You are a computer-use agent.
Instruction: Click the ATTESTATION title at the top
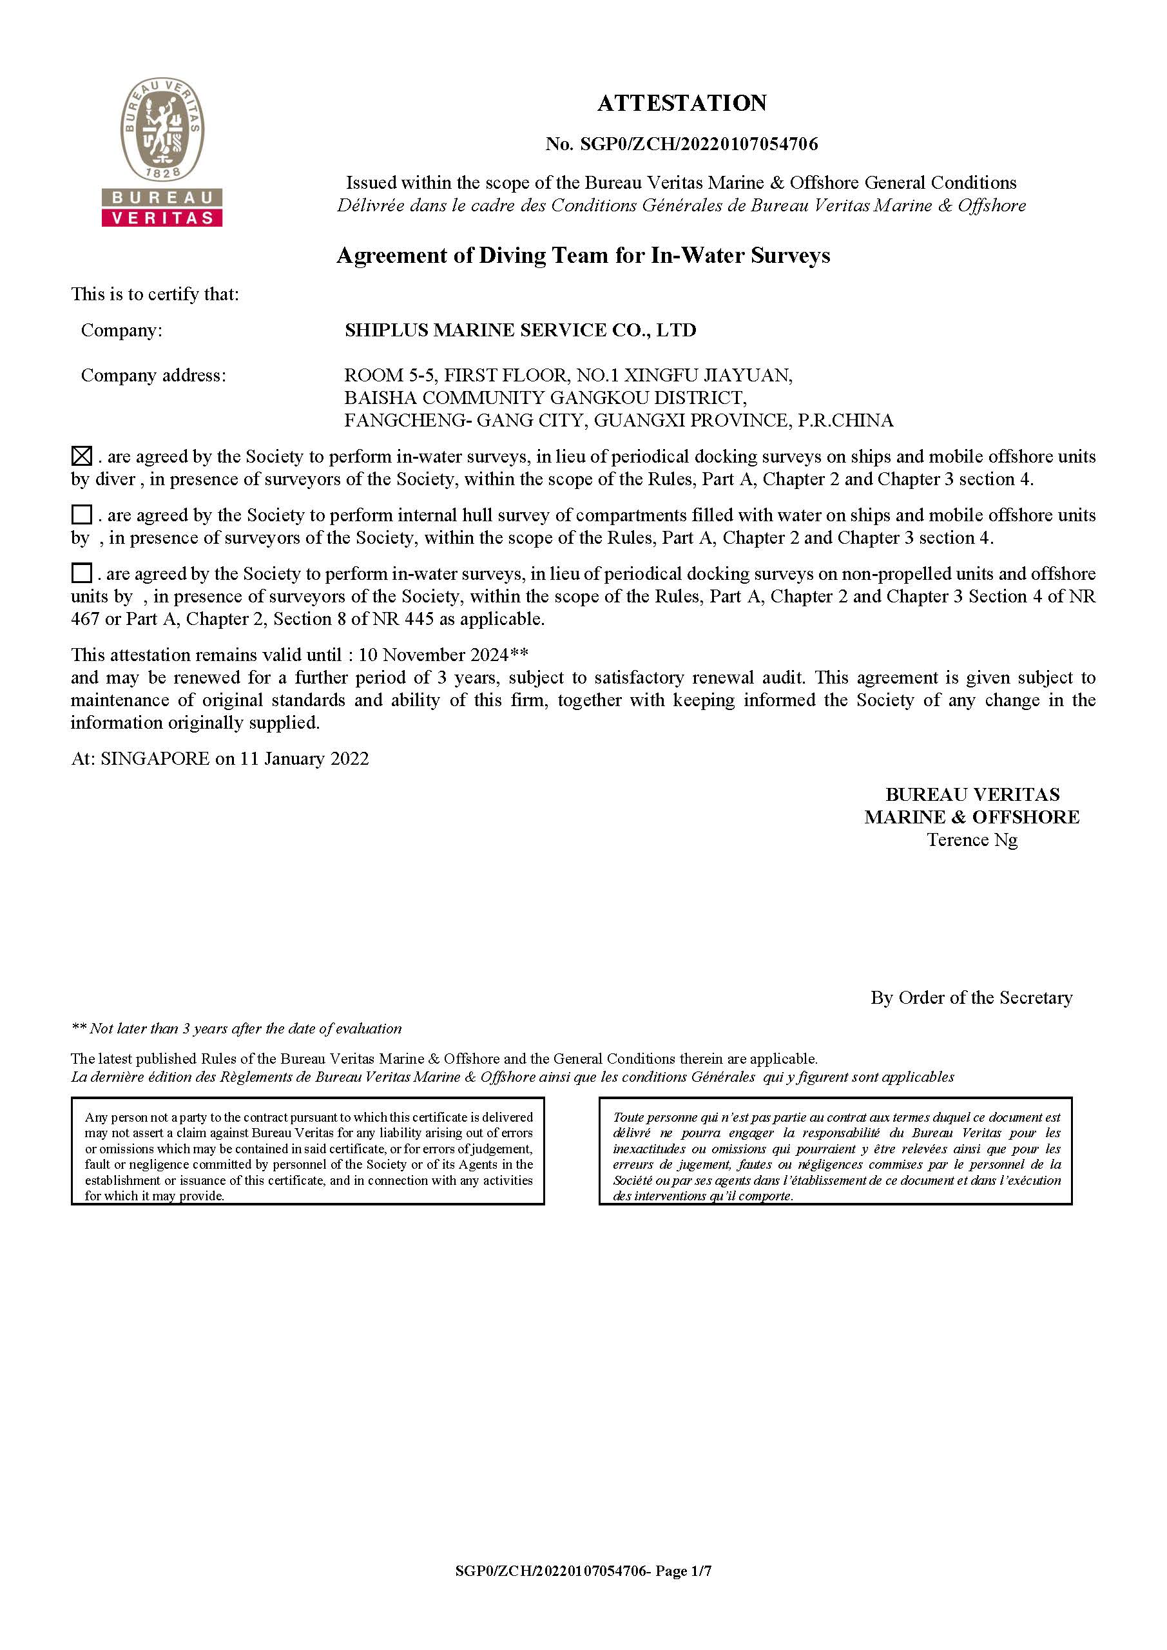coord(681,103)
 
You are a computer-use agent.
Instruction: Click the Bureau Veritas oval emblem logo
coord(162,130)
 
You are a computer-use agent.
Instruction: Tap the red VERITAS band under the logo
coord(162,218)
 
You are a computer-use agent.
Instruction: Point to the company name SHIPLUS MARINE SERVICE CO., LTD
coord(520,330)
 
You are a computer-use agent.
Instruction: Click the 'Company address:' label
coord(153,375)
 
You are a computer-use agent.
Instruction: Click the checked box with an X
coord(82,456)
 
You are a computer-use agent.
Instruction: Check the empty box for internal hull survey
coord(82,515)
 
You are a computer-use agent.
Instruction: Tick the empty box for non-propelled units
coord(82,573)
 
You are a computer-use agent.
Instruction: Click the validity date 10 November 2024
coord(433,655)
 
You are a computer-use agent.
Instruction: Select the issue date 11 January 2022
coord(304,759)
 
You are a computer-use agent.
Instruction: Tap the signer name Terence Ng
coord(972,839)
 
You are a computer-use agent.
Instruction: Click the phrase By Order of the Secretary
coord(971,997)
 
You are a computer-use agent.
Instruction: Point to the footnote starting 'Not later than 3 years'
coord(236,1028)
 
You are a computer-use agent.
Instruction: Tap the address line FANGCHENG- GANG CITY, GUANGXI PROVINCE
coord(618,421)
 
